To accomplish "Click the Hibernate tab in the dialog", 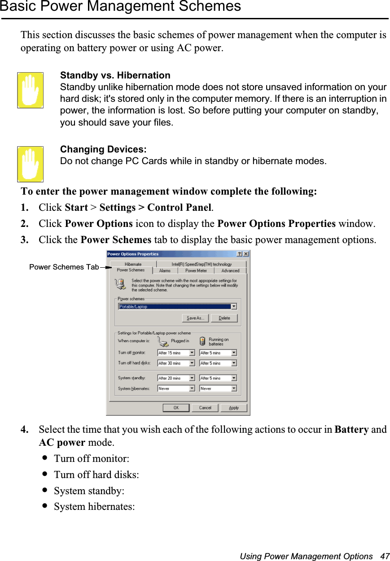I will point(133,264).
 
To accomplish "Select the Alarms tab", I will point(165,270).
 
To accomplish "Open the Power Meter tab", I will point(196,270).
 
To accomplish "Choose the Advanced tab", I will point(230,270).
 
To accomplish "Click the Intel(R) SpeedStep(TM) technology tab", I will point(202,264).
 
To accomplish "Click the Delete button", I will point(224,318).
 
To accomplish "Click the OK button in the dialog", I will point(176,408).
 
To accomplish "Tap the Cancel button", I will point(205,408).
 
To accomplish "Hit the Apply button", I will point(234,408).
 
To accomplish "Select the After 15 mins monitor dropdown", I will point(176,353).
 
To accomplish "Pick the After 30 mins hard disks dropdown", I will point(176,363).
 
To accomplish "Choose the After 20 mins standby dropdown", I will point(176,378).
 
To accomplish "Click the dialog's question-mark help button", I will point(239,254).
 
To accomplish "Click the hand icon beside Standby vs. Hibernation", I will point(31,90).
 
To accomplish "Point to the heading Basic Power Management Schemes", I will point(120,6).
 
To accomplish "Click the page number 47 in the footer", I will point(385,556).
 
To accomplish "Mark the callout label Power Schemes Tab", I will point(64,267).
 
